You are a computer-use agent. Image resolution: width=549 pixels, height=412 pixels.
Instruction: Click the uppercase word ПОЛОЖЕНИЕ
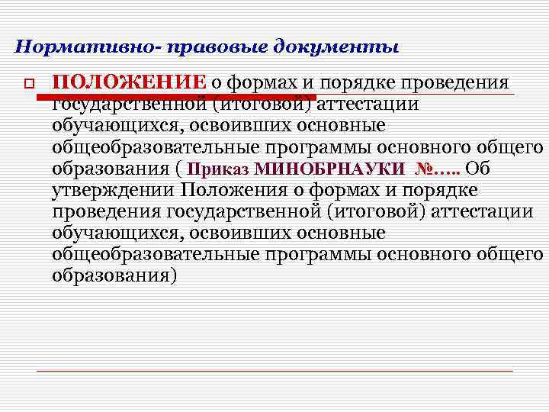pyautogui.click(x=129, y=82)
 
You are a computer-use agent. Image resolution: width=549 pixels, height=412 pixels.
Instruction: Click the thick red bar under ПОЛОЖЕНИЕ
pyautogui.click(x=175, y=97)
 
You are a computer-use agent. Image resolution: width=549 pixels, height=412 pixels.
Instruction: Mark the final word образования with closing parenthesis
pyautogui.click(x=115, y=275)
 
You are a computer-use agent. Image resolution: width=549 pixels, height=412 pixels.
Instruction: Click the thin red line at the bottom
pyautogui.click(x=274, y=370)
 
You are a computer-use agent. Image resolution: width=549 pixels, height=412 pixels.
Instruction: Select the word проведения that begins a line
pyautogui.click(x=107, y=211)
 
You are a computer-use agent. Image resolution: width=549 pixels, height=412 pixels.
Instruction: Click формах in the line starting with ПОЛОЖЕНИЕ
pyautogui.click(x=263, y=82)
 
